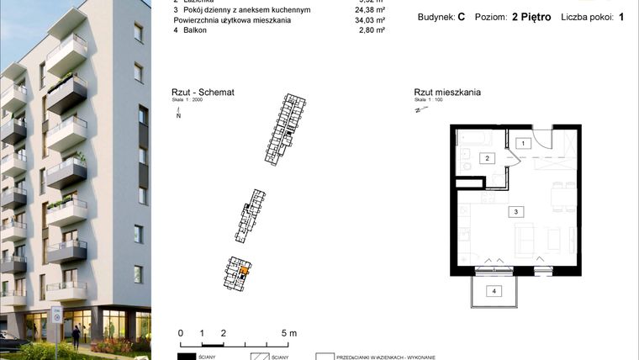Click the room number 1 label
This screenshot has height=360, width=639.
click(x=523, y=144)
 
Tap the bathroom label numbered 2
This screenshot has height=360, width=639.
click(x=486, y=157)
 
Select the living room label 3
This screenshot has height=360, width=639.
click(x=518, y=212)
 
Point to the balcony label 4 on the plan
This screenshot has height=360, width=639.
click(x=495, y=291)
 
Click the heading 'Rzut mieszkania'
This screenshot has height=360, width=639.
click(x=447, y=93)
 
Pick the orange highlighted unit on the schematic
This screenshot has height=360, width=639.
click(x=244, y=271)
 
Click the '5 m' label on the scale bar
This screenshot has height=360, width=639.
click(x=288, y=333)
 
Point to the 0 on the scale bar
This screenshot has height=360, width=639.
click(x=181, y=333)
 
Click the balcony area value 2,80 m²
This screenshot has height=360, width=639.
click(x=371, y=30)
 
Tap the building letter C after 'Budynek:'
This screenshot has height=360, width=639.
click(x=462, y=17)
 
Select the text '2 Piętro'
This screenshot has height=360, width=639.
click(x=531, y=17)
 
